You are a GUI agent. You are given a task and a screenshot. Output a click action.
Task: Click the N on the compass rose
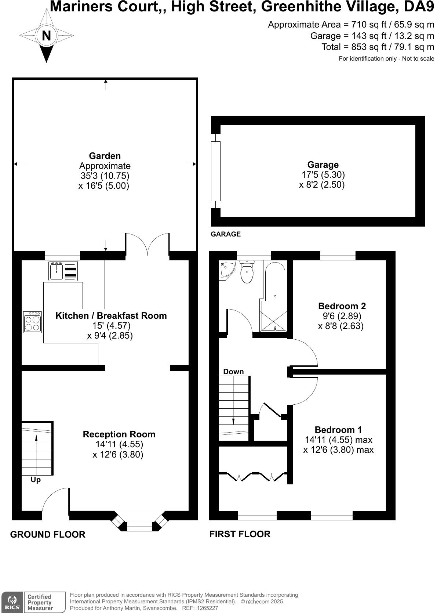point(46,36)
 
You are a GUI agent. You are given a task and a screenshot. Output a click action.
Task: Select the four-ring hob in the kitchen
point(32,322)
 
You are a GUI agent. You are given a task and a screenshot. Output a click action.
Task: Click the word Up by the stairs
point(36,480)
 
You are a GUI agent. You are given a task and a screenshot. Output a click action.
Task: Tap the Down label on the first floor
point(233,372)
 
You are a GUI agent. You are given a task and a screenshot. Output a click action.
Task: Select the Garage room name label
point(323,165)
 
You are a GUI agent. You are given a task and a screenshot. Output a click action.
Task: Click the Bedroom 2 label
point(342,306)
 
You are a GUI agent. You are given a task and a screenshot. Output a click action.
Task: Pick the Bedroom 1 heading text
point(338,430)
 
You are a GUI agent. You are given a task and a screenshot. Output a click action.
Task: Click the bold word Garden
point(105,156)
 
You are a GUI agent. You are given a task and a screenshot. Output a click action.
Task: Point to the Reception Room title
point(119,434)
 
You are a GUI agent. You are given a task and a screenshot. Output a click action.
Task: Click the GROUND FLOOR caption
point(48,534)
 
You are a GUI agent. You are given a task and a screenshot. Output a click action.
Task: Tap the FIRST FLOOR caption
point(240,534)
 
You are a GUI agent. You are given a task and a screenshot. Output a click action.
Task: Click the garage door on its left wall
point(216,171)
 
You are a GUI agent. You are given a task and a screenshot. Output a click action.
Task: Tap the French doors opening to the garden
point(148,244)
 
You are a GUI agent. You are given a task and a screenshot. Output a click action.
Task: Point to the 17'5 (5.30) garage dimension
point(323,174)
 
